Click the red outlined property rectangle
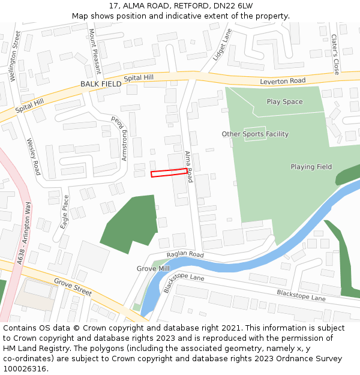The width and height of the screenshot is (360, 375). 169,173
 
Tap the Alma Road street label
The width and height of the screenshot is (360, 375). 189,166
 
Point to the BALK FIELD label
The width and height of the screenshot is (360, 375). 101,85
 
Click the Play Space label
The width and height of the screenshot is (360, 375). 284,102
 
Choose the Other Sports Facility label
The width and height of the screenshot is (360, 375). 255,134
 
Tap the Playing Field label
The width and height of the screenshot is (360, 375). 311,167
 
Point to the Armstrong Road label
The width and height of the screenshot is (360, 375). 121,139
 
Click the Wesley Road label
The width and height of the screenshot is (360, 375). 33,153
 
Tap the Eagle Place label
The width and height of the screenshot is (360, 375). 65,209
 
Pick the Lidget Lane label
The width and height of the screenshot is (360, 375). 221,45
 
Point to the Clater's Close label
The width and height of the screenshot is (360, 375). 335,54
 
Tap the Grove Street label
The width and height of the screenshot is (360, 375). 73,287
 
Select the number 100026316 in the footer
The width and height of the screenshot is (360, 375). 25,368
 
